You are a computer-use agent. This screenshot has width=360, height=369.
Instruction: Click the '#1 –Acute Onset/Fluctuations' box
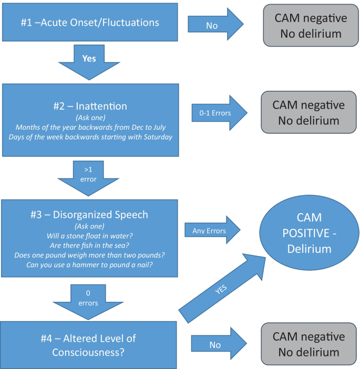click(x=90, y=23)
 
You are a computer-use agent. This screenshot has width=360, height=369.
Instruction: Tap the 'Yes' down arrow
click(x=89, y=62)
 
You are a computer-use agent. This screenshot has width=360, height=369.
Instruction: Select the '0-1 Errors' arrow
click(x=220, y=113)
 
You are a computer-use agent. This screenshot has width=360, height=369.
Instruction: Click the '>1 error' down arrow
click(x=88, y=178)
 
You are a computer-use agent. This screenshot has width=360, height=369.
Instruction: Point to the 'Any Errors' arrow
click(x=212, y=230)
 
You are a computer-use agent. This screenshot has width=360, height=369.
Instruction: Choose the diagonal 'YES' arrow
click(x=222, y=288)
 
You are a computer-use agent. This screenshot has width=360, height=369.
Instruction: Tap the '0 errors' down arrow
click(x=88, y=302)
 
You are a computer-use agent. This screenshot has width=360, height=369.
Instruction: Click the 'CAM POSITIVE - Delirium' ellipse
click(x=310, y=233)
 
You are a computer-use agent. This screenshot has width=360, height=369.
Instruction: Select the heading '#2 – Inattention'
click(x=90, y=106)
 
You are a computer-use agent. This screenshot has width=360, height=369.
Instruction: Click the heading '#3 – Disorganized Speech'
click(x=89, y=215)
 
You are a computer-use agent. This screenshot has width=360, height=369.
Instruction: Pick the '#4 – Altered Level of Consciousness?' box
click(x=88, y=345)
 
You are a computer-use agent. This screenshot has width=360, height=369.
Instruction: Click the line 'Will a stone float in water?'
click(x=89, y=236)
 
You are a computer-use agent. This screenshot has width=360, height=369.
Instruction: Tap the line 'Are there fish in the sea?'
click(x=89, y=246)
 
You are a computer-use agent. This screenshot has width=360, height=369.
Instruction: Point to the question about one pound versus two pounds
click(x=89, y=255)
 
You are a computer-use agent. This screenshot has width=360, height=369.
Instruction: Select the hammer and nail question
click(x=89, y=265)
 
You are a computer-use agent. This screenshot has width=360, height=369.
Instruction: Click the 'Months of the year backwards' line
click(x=91, y=128)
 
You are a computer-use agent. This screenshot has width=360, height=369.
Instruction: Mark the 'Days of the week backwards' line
click(x=91, y=137)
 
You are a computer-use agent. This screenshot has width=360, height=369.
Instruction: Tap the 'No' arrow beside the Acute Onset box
click(x=215, y=24)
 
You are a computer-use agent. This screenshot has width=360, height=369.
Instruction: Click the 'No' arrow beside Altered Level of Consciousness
click(x=219, y=344)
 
